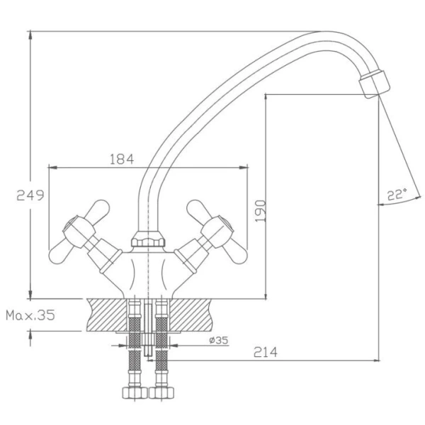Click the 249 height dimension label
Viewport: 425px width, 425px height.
click(x=30, y=195)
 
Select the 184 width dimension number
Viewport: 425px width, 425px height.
click(x=122, y=159)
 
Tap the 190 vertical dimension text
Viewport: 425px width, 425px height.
click(x=261, y=211)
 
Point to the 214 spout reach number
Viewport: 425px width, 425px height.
click(x=266, y=352)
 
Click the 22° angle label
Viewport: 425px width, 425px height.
click(x=397, y=194)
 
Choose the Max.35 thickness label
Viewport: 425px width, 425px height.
click(x=30, y=315)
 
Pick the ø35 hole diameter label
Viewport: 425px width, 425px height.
click(x=219, y=340)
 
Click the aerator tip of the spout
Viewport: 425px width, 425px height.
click(x=375, y=84)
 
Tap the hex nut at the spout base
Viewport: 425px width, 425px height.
click(x=148, y=239)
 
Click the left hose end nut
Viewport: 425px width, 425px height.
click(x=135, y=392)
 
